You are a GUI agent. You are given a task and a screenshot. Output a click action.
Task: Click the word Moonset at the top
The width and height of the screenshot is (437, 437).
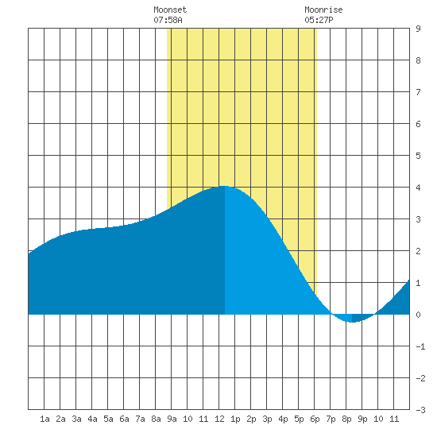[170, 10]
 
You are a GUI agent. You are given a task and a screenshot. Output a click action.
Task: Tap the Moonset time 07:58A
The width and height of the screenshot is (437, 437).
[168, 20]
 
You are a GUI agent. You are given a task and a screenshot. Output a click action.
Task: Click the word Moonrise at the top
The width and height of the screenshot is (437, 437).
[323, 10]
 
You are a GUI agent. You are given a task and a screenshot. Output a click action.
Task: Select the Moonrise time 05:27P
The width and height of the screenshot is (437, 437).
[319, 20]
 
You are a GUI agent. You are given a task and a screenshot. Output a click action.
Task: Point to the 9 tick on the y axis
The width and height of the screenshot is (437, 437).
[418, 29]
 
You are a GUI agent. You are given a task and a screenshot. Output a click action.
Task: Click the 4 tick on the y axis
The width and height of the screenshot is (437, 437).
[418, 188]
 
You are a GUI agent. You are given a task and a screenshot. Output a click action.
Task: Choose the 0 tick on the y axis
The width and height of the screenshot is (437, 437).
[418, 315]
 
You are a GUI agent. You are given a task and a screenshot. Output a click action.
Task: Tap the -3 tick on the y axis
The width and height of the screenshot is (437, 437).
[420, 410]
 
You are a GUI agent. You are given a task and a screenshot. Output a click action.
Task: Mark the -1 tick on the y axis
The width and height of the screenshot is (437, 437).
[420, 346]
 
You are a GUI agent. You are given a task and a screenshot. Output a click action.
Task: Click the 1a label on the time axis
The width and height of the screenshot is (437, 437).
[44, 419]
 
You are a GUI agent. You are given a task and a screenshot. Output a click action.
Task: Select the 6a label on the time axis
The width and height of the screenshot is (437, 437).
[124, 419]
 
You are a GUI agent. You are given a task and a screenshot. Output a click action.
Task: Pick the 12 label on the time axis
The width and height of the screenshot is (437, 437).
[219, 419]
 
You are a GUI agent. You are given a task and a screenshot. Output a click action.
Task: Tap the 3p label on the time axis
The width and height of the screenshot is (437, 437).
[267, 419]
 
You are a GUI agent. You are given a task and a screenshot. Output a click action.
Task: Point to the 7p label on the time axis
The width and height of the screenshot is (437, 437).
[331, 419]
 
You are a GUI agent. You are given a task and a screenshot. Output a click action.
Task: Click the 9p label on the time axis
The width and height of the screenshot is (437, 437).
[362, 419]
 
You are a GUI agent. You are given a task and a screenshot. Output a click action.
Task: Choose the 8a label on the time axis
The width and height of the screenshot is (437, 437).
[156, 419]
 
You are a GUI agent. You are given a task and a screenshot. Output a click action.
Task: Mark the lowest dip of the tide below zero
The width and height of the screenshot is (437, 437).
[352, 322]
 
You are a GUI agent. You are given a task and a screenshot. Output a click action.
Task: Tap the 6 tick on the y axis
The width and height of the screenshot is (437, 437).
[418, 124]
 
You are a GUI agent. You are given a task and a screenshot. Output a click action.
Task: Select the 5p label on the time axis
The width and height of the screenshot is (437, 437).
[299, 419]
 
